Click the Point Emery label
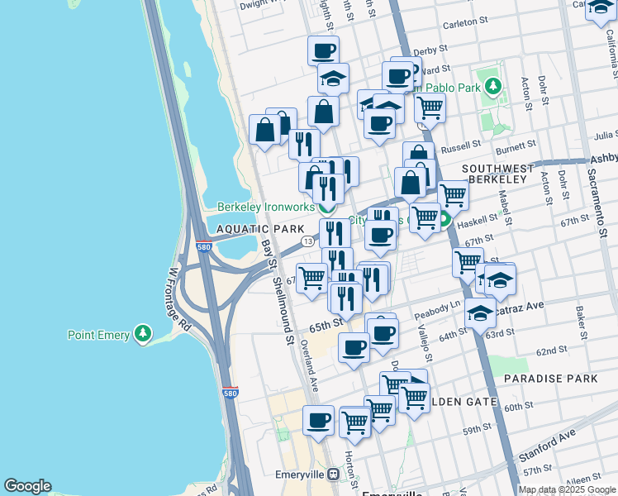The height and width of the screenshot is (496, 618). tap(98, 334)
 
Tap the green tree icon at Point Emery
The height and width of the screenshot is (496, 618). tap(145, 333)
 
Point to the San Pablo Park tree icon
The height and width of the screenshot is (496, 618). tap(493, 85)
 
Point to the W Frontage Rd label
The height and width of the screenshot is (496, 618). tap(180, 298)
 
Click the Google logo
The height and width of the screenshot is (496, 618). tap(27, 486)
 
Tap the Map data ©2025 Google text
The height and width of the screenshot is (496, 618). tap(567, 489)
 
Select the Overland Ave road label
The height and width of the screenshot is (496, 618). tap(314, 369)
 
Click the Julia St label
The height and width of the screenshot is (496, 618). tap(605, 134)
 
